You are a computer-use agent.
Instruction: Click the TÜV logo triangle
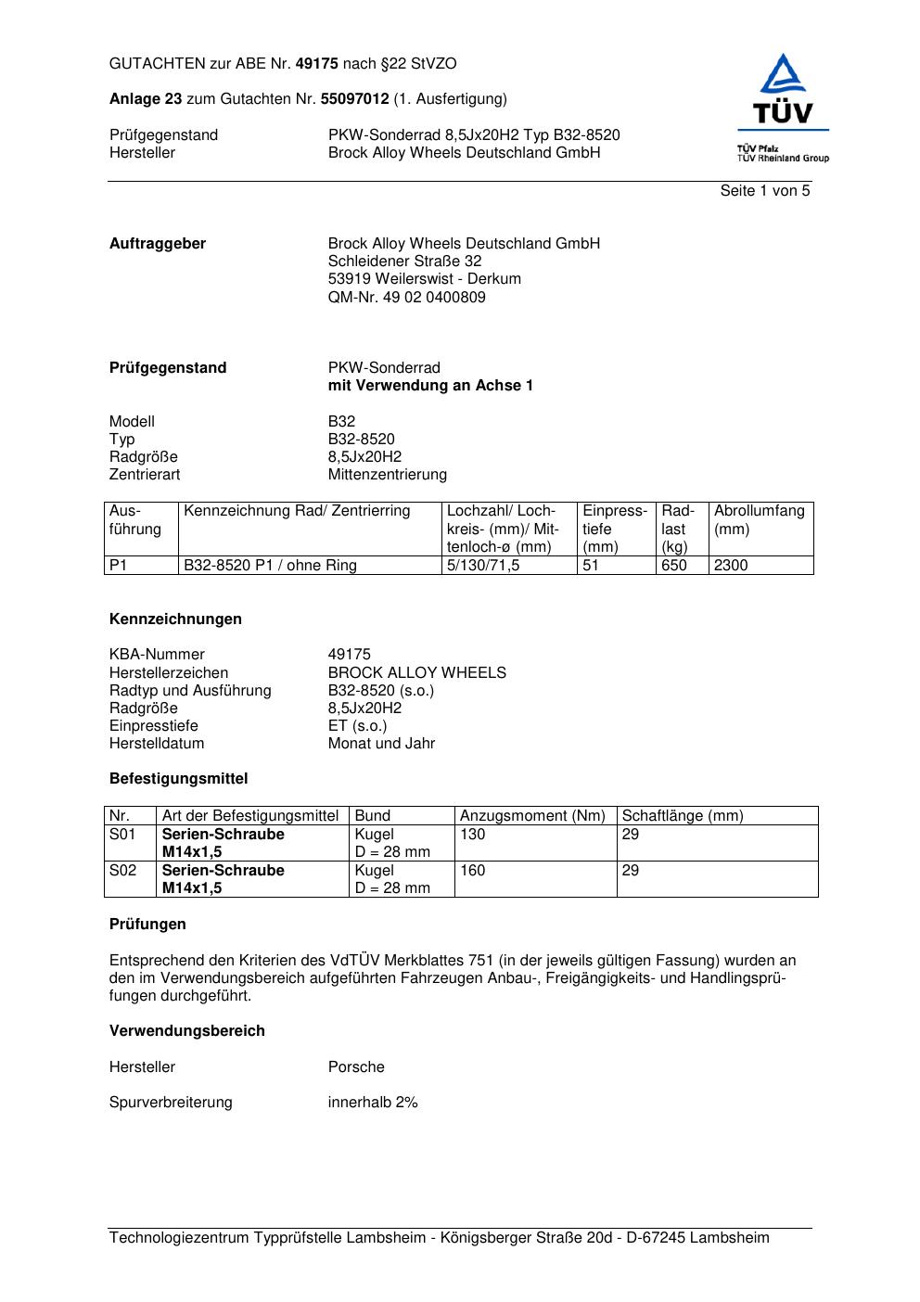click(x=784, y=76)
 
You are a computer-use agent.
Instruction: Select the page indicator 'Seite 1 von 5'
click(x=764, y=191)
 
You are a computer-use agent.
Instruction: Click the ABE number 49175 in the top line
click(x=316, y=64)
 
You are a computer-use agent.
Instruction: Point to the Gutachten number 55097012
click(x=354, y=99)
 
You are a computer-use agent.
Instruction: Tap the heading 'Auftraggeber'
click(x=158, y=244)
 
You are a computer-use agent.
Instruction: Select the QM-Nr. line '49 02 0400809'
click(x=406, y=298)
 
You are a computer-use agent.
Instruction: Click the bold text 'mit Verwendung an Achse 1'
click(x=430, y=386)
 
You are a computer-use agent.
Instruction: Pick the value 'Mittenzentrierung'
click(x=387, y=475)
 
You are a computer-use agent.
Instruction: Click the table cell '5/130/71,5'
click(x=482, y=566)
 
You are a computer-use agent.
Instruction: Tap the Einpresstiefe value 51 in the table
click(x=591, y=566)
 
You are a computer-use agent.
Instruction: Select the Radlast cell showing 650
click(x=673, y=566)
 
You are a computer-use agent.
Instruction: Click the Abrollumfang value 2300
click(x=731, y=566)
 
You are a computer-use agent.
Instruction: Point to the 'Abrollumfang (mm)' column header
click(x=759, y=519)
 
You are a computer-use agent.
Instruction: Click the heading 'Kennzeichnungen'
click(x=175, y=619)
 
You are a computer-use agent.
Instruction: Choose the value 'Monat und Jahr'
click(x=381, y=744)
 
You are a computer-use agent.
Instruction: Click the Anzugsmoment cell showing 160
click(x=472, y=871)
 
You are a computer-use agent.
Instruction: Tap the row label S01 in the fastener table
click(x=122, y=835)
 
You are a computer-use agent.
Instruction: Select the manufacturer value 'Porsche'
click(x=356, y=1067)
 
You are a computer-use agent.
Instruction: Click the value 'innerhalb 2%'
click(x=373, y=1103)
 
